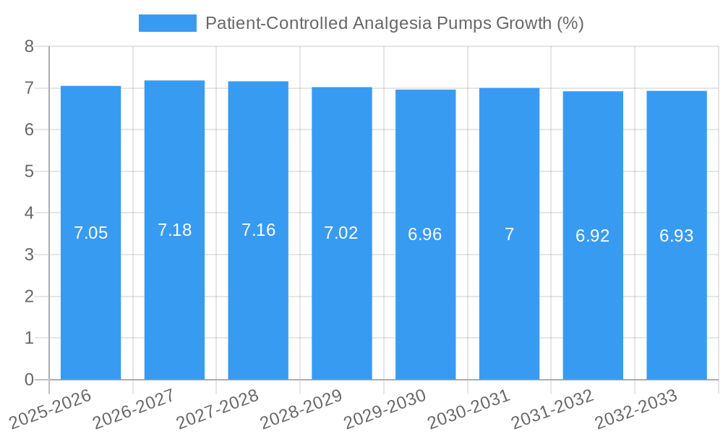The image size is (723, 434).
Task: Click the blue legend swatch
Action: tap(167, 23)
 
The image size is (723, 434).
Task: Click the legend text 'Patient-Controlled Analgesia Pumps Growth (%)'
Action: tap(394, 23)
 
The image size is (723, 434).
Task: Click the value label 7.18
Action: tap(174, 230)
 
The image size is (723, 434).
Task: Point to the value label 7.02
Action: tap(341, 233)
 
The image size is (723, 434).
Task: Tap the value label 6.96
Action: tap(425, 234)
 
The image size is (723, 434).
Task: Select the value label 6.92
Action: tap(593, 236)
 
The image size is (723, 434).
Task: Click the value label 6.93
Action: tap(677, 236)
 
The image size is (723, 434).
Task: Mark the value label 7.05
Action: tap(90, 233)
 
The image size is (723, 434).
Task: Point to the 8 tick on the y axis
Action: tap(29, 46)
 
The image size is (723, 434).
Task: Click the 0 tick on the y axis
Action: tap(29, 380)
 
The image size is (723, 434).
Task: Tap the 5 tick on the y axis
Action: tap(29, 171)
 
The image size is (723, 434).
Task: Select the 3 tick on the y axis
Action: tap(29, 255)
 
